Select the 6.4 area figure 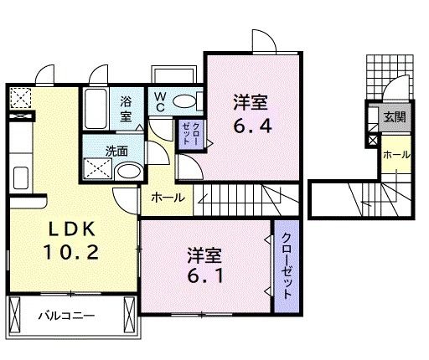click(251, 129)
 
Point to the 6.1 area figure click(205, 274)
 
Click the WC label click(159, 102)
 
